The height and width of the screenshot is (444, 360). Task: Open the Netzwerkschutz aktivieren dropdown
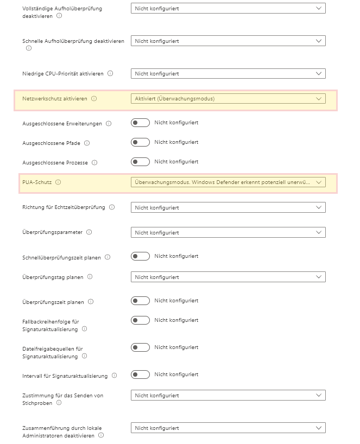pos(228,99)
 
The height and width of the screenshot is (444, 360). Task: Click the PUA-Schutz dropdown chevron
pos(319,182)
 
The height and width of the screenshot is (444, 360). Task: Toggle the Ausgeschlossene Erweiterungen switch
pos(140,123)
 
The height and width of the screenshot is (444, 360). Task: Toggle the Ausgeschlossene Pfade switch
pos(140,142)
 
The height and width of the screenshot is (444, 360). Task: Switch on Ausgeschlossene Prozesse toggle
pos(140,162)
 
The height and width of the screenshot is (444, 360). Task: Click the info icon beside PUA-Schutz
pos(58,182)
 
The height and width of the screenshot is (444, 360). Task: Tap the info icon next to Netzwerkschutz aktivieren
pos(94,99)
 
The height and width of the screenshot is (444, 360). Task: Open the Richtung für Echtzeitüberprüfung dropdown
pos(228,207)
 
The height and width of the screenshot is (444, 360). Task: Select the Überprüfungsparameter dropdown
pos(228,232)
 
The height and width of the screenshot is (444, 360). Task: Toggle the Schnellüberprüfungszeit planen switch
pos(140,256)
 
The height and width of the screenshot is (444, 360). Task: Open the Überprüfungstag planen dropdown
pos(228,277)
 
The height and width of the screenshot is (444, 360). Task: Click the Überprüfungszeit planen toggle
pos(140,301)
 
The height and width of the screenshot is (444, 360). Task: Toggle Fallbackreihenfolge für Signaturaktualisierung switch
pos(140,320)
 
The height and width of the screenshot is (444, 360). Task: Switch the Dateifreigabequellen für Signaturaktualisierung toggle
pos(140,347)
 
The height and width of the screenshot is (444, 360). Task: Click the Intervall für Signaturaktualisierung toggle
pos(140,375)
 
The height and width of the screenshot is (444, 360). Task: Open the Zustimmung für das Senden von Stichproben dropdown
pos(228,396)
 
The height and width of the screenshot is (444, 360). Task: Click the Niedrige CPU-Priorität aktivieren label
pos(63,73)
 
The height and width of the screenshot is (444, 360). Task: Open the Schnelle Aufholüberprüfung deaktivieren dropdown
pos(228,41)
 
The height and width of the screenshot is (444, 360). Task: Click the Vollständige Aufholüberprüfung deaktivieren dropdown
pos(228,9)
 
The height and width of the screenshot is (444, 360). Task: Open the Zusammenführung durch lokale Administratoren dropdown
pos(228,428)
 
